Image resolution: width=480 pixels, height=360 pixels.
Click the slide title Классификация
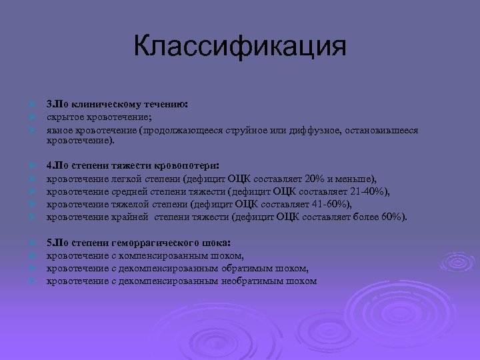point(240,47)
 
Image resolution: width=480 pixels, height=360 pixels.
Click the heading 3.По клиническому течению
point(117,105)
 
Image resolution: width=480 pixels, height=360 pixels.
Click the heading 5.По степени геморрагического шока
point(139,243)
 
